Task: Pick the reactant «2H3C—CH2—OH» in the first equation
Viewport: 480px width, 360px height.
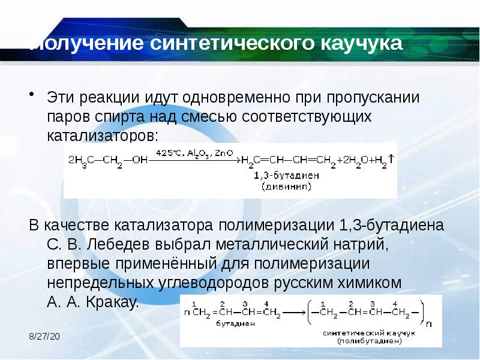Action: [108, 160]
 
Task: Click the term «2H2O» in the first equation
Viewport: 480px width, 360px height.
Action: [353, 160]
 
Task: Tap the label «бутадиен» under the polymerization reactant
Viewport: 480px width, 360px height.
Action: [232, 323]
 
